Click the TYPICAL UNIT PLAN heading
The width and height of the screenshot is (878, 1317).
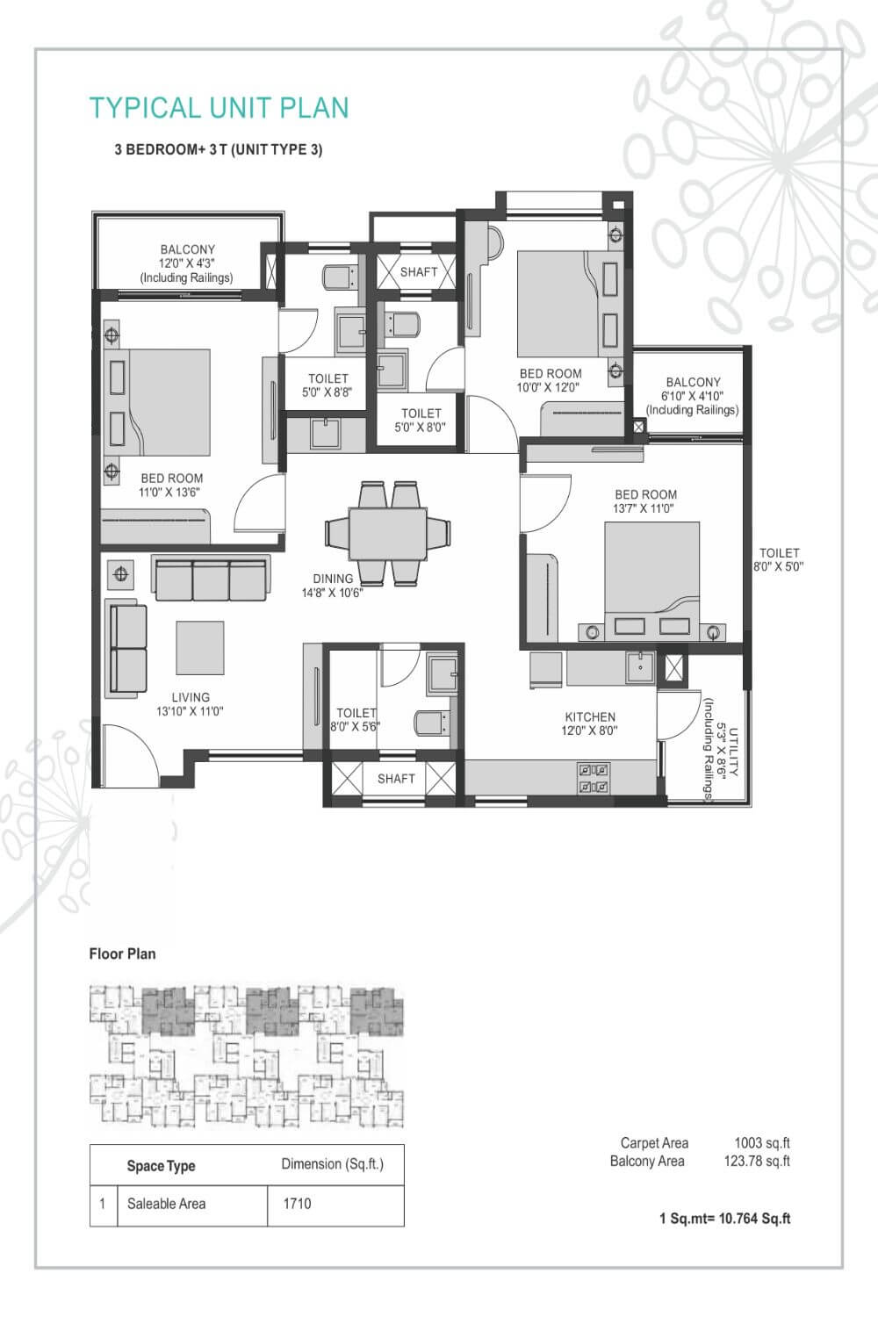coord(219,108)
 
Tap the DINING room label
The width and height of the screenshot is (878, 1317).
coord(333,579)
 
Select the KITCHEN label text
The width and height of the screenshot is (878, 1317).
coord(590,716)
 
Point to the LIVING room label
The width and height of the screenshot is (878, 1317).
coord(191,697)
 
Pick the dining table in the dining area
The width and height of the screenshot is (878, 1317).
coord(387,533)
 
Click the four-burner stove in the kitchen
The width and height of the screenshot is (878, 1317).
coord(593,778)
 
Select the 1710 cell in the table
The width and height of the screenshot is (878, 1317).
coord(297,1204)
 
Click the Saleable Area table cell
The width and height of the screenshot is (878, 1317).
coord(166,1204)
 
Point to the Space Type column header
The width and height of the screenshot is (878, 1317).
coord(161,1166)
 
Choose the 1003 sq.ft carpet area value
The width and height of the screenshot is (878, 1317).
coord(762,1143)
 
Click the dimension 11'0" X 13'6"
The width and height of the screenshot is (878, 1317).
coord(170,492)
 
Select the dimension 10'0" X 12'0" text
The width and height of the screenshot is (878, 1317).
coord(549,387)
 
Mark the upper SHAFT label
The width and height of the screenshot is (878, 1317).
coord(419,272)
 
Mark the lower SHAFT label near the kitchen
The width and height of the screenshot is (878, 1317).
coord(396,779)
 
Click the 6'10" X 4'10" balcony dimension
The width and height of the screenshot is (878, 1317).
coord(693,396)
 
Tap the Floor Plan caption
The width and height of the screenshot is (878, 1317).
coord(122,954)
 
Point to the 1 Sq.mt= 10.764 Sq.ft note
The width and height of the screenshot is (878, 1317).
coord(724,1219)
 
